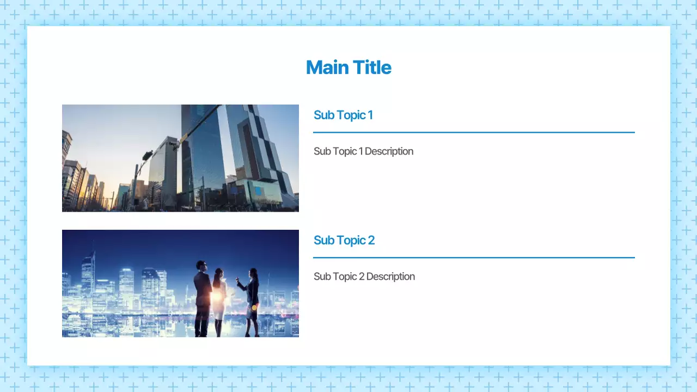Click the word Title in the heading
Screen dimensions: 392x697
pos(372,68)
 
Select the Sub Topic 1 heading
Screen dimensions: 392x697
pos(343,115)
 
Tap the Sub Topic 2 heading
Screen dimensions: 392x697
pos(344,240)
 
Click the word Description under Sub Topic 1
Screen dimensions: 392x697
pos(389,151)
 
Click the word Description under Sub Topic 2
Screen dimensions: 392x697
pos(390,277)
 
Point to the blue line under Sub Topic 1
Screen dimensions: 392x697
pos(474,132)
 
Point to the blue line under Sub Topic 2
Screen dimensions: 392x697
pos(474,258)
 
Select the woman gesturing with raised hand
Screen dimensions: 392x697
pos(252,299)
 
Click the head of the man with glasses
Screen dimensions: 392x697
pos(201,266)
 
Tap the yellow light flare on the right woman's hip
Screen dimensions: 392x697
pos(254,308)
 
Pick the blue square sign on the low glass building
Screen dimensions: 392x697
pos(258,191)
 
